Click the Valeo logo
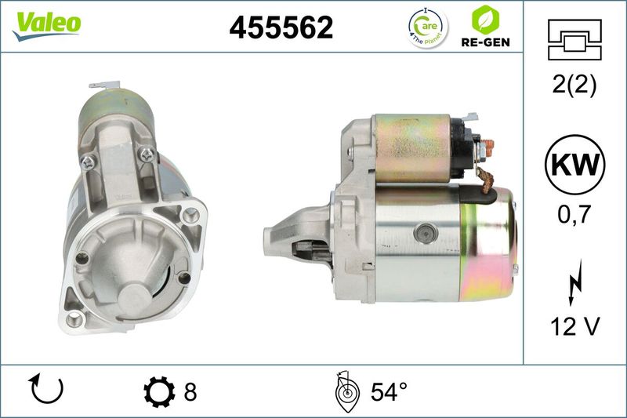(45, 23)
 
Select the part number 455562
(281, 28)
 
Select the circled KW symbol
(574, 165)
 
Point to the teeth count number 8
(190, 391)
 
